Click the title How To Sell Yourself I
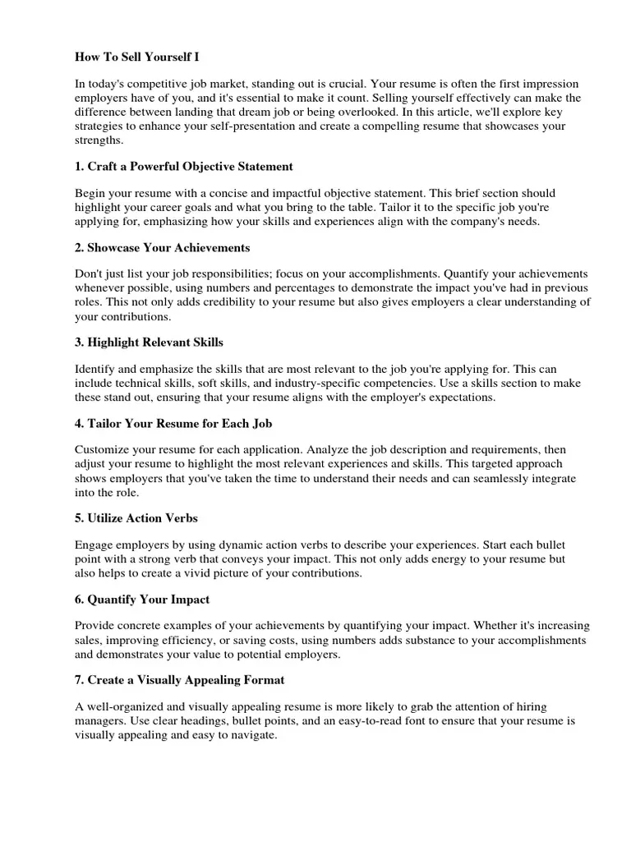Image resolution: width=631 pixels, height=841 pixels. pyautogui.click(x=137, y=57)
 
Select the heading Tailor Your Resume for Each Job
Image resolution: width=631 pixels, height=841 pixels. pyautogui.click(x=173, y=424)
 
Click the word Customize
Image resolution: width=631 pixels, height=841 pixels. pyautogui.click(x=104, y=450)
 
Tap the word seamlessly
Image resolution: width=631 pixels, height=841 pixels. pyautogui.click(x=474, y=478)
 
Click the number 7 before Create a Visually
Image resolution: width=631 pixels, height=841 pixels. pyautogui.click(x=78, y=681)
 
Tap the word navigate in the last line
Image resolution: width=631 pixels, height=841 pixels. pyautogui.click(x=252, y=736)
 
